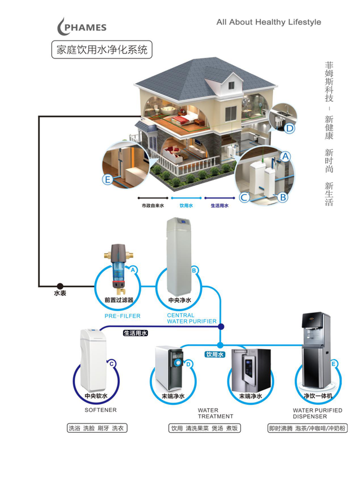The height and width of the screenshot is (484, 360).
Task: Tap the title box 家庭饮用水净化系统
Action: pyautogui.click(x=101, y=49)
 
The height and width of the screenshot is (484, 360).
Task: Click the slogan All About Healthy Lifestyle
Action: pyautogui.click(x=268, y=22)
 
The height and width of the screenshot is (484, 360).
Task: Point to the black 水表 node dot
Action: pyautogui.click(x=60, y=286)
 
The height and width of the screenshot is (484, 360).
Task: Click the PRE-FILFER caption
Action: pyautogui.click(x=123, y=316)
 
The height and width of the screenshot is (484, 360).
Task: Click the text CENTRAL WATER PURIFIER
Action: pyautogui.click(x=191, y=318)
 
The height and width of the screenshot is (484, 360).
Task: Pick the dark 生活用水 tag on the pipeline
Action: pyautogui.click(x=135, y=333)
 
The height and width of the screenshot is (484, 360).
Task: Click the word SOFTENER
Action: pyautogui.click(x=101, y=410)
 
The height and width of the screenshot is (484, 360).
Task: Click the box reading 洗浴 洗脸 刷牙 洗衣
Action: pyautogui.click(x=96, y=428)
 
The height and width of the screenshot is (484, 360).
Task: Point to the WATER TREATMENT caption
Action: pyautogui.click(x=215, y=413)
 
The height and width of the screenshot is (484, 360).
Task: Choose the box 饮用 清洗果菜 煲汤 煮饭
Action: pyautogui.click(x=204, y=428)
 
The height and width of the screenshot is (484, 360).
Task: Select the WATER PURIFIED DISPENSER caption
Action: pyautogui.click(x=317, y=413)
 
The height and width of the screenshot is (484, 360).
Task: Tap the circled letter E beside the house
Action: pyautogui.click(x=107, y=179)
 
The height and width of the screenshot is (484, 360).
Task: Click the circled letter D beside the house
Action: pyautogui.click(x=290, y=129)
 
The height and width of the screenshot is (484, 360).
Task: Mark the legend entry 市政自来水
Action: pyautogui.click(x=152, y=206)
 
